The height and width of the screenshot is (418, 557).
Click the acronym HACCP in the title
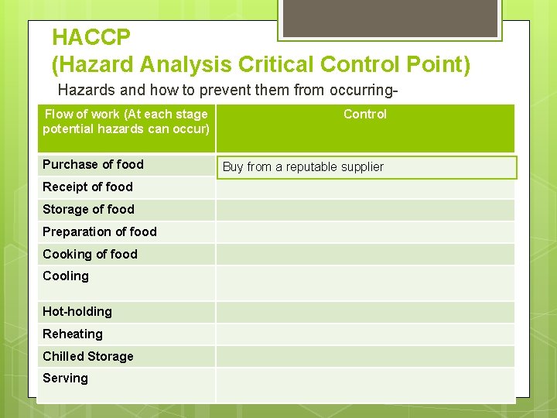click(x=91, y=36)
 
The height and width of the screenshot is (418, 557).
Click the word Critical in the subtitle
click(x=276, y=64)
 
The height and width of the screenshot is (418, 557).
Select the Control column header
click(x=364, y=115)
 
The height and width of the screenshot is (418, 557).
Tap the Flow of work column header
click(x=126, y=122)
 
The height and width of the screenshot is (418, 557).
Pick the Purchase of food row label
click(x=93, y=164)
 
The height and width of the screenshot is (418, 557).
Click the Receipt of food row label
click(x=87, y=187)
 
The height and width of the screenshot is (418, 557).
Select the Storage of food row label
click(x=88, y=209)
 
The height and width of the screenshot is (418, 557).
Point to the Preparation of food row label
click(x=99, y=231)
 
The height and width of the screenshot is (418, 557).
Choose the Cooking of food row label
click(x=90, y=254)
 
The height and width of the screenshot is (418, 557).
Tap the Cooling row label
click(x=66, y=276)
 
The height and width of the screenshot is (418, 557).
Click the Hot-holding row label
click(x=77, y=311)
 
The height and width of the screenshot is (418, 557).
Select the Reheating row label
click(x=73, y=334)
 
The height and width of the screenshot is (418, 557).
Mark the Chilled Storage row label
click(x=87, y=356)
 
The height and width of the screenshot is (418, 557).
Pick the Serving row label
click(x=65, y=378)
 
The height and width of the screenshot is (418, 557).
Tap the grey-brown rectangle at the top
click(x=389, y=18)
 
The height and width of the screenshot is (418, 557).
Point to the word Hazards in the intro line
click(x=85, y=90)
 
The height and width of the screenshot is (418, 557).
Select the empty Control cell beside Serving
click(x=364, y=384)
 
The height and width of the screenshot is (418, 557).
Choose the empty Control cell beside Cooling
click(x=364, y=283)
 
